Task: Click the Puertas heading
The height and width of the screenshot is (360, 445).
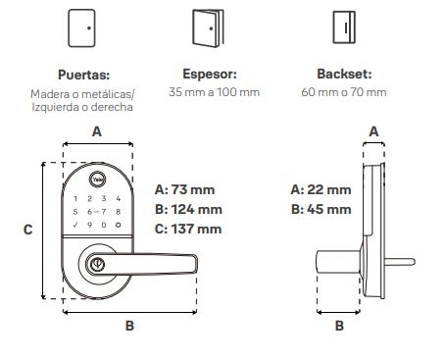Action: [x=83, y=75]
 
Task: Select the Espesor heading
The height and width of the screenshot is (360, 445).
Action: [x=210, y=74]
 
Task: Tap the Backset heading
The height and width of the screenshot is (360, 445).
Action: [x=344, y=74]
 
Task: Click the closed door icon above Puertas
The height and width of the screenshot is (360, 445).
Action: [x=81, y=28]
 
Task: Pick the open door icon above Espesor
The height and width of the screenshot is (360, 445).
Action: [x=208, y=28]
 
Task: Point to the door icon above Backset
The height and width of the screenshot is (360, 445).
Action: [x=344, y=27]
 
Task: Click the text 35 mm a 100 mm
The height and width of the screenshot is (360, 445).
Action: [x=214, y=92]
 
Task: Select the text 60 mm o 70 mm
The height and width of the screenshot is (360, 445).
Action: [x=344, y=92]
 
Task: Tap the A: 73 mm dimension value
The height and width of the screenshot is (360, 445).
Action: [x=184, y=189]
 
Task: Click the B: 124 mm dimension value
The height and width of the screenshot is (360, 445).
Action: [x=188, y=209]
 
